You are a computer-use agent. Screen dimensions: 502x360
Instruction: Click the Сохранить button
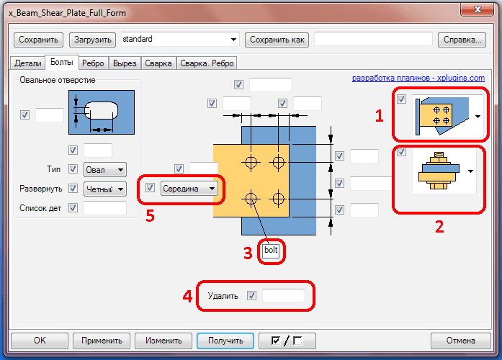coord(38,40)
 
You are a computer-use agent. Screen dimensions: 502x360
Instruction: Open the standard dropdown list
coord(180,40)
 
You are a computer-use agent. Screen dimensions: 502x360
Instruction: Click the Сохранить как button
coord(277,40)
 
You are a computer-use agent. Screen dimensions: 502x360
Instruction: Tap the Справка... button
coord(462,40)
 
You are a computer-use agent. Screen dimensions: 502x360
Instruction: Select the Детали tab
coord(28,63)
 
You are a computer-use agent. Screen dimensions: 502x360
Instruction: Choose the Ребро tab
coord(93,63)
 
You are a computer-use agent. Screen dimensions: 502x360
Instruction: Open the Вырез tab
coord(125,63)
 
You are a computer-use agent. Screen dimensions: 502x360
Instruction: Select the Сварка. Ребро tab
coord(207,63)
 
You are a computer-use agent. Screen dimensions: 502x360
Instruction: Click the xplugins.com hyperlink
coord(418,78)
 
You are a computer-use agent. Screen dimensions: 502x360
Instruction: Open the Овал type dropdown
coord(105,170)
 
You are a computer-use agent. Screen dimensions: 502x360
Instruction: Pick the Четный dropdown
coord(105,189)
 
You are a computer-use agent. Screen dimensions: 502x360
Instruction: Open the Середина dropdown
coord(189,189)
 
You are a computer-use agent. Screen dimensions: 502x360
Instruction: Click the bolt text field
coord(271,251)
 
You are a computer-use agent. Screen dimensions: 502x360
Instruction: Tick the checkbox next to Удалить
coord(251,296)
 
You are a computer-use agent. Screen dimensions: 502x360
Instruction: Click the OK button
coord(40,341)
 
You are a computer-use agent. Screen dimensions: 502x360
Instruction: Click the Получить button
coord(225,341)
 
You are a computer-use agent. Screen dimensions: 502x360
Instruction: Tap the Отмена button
coord(461,341)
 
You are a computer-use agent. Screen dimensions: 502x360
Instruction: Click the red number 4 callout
coord(187,297)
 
